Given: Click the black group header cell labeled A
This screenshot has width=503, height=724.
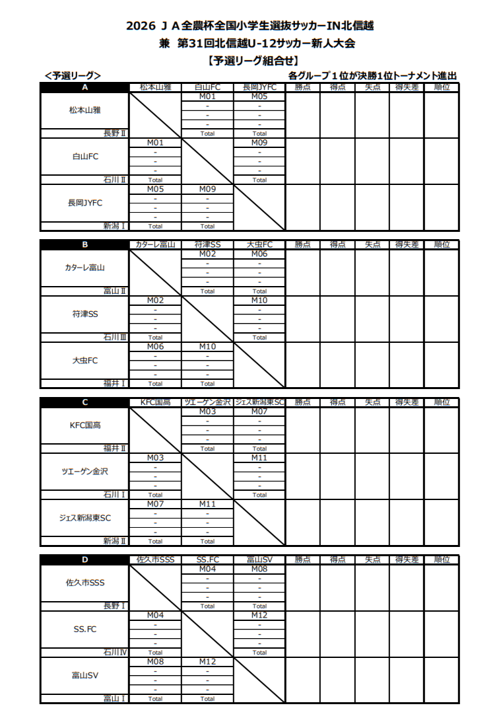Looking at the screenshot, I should (84, 87).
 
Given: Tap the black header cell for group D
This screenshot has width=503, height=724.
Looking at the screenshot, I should (84, 560).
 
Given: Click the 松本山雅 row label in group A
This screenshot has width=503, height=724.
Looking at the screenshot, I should (84, 110).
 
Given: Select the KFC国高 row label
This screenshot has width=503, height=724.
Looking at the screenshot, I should (84, 425).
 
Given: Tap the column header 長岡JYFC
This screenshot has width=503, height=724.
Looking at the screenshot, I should (259, 87).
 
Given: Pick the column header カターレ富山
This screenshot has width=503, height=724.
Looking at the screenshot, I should (155, 244).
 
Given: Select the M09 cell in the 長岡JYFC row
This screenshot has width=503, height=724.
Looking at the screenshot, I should (207, 188).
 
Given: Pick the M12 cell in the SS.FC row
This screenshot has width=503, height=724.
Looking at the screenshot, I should (259, 615).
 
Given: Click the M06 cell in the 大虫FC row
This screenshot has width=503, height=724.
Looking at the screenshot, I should (155, 346).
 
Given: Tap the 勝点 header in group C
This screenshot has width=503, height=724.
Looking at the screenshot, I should (302, 402).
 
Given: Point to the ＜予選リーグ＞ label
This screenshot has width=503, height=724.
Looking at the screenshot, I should (73, 76).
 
